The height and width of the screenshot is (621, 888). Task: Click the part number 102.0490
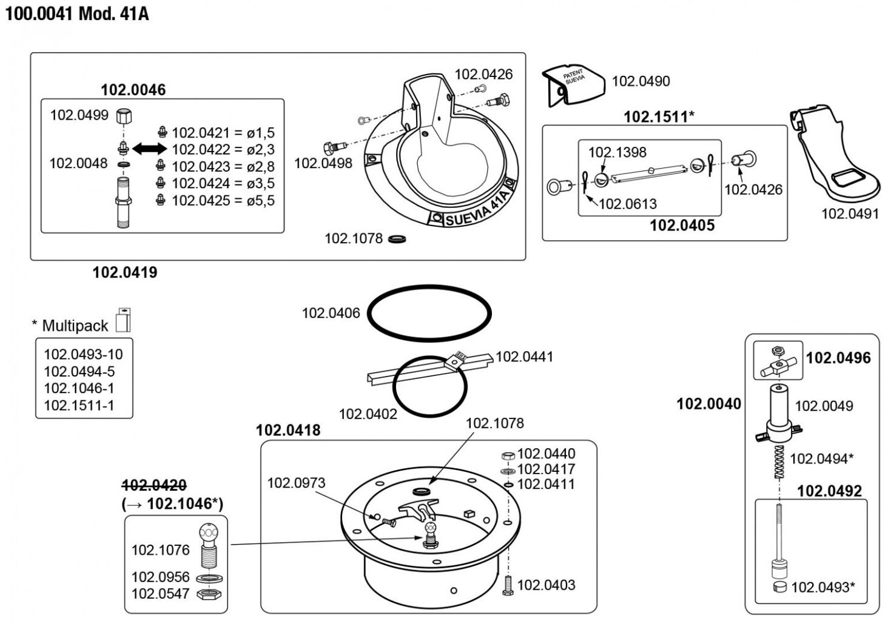click(x=641, y=81)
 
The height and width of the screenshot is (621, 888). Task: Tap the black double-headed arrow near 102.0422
click(x=149, y=149)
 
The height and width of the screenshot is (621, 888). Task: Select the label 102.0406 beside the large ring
click(x=331, y=313)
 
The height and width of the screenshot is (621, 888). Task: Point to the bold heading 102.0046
click(x=133, y=90)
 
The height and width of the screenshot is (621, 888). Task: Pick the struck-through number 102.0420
click(x=154, y=485)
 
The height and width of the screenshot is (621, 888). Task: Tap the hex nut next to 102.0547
click(x=209, y=594)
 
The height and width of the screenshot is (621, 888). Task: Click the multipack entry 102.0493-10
click(x=83, y=354)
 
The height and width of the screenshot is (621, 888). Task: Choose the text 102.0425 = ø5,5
click(x=223, y=200)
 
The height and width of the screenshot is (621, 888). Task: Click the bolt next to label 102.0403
click(x=508, y=585)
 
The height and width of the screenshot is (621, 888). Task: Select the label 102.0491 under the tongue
click(x=849, y=213)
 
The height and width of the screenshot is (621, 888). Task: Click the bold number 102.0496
click(x=838, y=358)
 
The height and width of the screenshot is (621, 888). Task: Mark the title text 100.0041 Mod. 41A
click(x=77, y=13)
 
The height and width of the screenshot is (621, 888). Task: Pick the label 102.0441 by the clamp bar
click(x=524, y=357)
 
